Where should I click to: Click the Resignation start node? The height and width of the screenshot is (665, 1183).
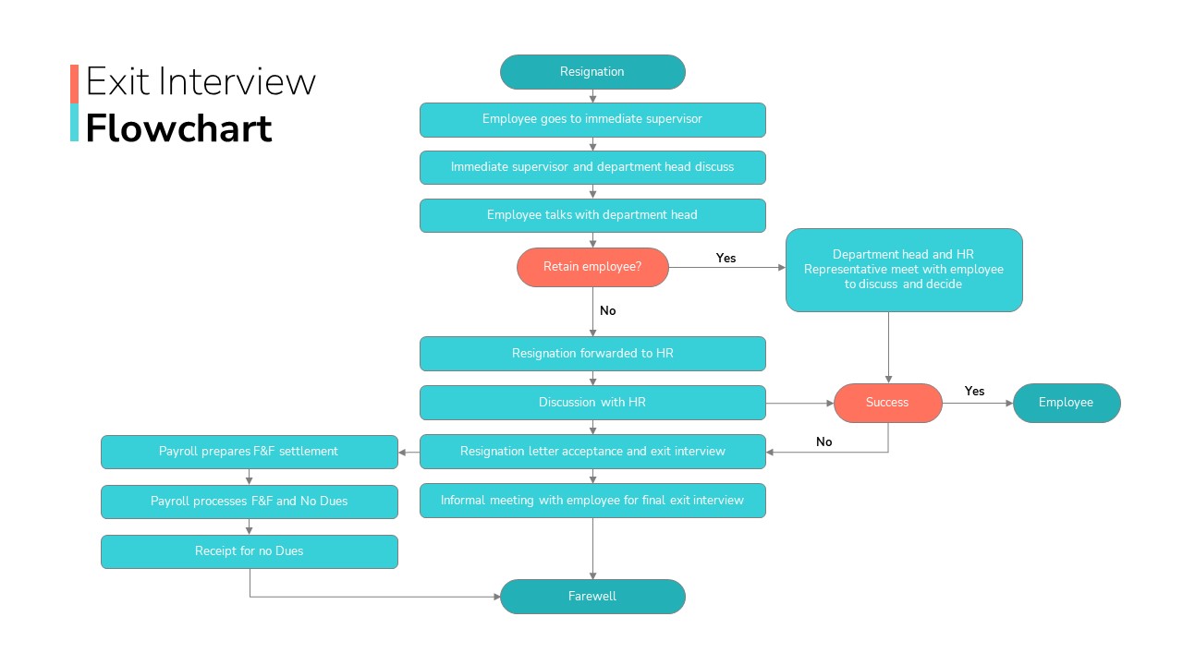[592, 72]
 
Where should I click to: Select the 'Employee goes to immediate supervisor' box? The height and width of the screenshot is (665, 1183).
[592, 120]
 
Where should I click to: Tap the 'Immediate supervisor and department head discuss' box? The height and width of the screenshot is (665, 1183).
[592, 167]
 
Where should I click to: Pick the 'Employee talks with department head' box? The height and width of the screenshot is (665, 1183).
[592, 215]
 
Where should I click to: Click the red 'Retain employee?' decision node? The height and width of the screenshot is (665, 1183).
[592, 267]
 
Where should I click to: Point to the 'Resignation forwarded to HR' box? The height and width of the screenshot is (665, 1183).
[592, 354]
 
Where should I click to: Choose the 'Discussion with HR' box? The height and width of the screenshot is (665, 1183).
[592, 403]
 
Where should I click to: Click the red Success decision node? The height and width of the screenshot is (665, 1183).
[888, 403]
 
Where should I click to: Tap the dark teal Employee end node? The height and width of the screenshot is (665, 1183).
[1067, 403]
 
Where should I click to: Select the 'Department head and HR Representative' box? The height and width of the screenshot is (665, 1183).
[904, 270]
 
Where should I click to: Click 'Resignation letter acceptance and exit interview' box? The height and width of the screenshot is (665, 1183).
[592, 452]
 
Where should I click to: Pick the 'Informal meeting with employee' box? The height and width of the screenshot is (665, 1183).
[592, 501]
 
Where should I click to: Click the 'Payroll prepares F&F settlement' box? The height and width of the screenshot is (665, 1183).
[250, 452]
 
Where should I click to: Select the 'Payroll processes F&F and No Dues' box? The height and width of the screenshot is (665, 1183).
[250, 502]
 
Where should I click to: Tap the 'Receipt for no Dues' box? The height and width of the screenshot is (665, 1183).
[250, 551]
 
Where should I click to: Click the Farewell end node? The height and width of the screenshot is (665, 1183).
[592, 597]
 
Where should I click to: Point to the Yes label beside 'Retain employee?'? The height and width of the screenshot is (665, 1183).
[726, 258]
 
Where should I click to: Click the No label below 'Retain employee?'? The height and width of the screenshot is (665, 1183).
[608, 311]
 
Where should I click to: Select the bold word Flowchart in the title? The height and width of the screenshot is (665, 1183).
[178, 128]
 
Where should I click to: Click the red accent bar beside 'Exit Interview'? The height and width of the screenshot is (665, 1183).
[75, 84]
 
